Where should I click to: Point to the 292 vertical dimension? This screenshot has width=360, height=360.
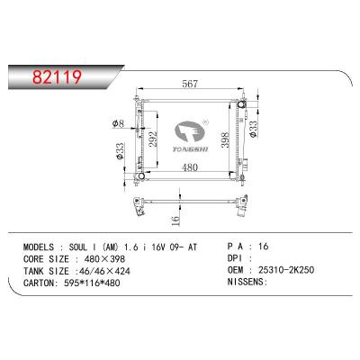coord(154,139)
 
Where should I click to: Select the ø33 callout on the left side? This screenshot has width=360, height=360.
coord(121,148)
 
